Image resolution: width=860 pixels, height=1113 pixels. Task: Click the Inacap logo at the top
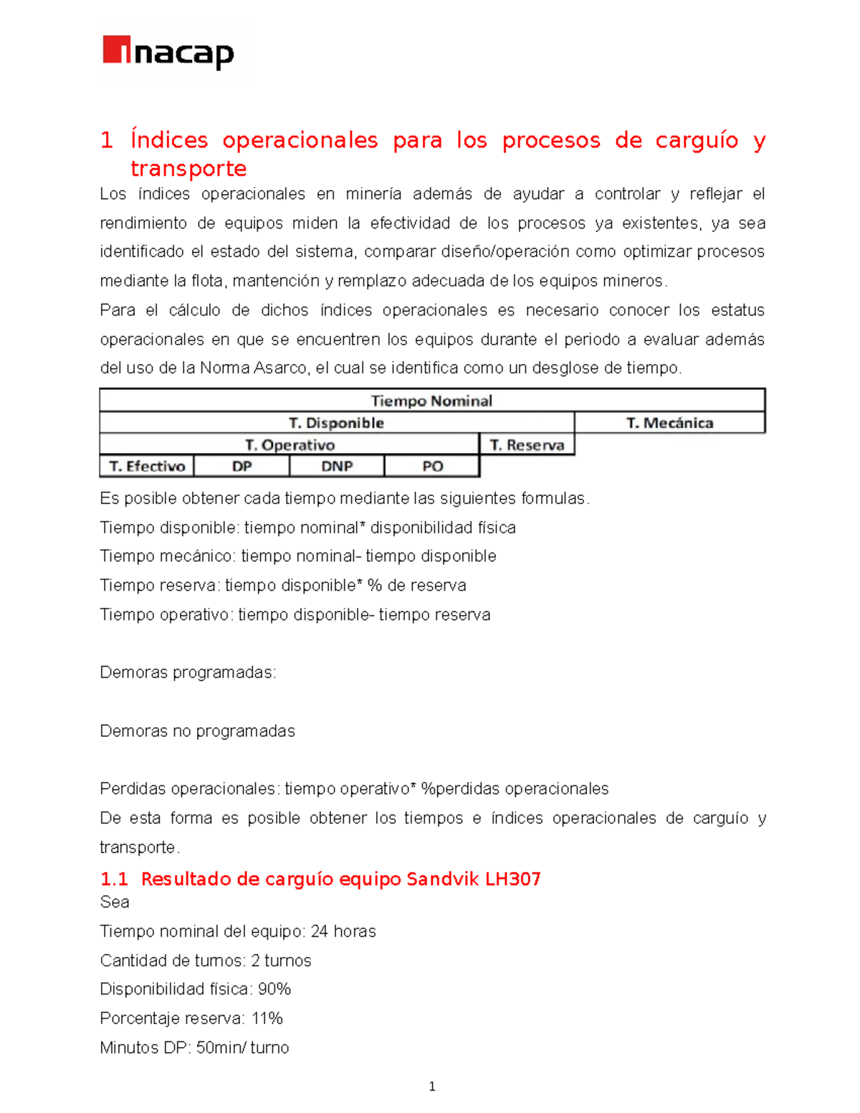pyautogui.click(x=169, y=53)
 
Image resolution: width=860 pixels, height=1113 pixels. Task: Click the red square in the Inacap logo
pyautogui.click(x=116, y=49)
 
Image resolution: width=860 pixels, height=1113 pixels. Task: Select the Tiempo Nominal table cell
pyautogui.click(x=431, y=401)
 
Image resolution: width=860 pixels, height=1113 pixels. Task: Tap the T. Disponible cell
pyautogui.click(x=336, y=423)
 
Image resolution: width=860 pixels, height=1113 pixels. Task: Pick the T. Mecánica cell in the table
pyautogui.click(x=669, y=423)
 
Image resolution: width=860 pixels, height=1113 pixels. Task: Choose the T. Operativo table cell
pyautogui.click(x=290, y=445)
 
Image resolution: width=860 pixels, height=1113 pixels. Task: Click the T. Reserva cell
pyautogui.click(x=527, y=445)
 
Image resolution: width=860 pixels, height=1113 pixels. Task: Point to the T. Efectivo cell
pyautogui.click(x=147, y=467)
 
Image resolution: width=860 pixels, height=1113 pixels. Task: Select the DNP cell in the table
pyautogui.click(x=337, y=467)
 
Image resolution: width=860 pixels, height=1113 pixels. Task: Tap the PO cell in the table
pyautogui.click(x=432, y=467)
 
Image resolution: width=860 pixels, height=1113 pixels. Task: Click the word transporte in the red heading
pyautogui.click(x=188, y=168)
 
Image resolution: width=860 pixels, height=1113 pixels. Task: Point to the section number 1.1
pyautogui.click(x=114, y=879)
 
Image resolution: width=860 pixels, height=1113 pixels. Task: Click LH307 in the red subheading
pyautogui.click(x=512, y=879)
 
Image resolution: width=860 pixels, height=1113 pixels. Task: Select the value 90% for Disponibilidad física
pyautogui.click(x=274, y=989)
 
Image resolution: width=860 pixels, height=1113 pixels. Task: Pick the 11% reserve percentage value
pyautogui.click(x=267, y=1018)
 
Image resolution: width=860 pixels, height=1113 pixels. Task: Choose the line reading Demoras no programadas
pyautogui.click(x=197, y=731)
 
